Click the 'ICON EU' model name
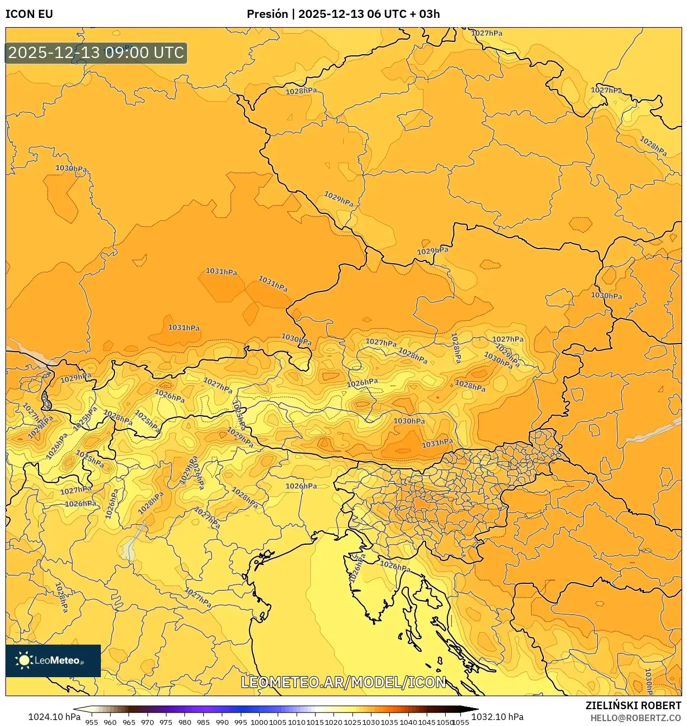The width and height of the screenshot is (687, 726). pyautogui.click(x=29, y=14)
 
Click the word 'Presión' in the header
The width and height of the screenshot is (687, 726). pyautogui.click(x=267, y=14)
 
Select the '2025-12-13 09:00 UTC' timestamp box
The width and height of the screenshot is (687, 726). pyautogui.click(x=96, y=53)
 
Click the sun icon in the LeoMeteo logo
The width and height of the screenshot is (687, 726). pyautogui.click(x=24, y=660)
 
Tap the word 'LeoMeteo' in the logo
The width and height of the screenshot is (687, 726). pyautogui.click(x=57, y=660)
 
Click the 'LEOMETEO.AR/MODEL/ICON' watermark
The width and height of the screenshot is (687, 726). pyautogui.click(x=343, y=682)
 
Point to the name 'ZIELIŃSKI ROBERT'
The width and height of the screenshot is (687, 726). pyautogui.click(x=633, y=705)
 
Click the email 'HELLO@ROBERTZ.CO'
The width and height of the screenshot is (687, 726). pyautogui.click(x=635, y=717)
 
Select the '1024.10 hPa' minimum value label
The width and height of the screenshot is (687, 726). pyautogui.click(x=54, y=717)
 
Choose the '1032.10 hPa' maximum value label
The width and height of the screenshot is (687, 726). pyautogui.click(x=497, y=717)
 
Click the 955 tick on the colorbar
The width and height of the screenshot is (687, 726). pyautogui.click(x=92, y=722)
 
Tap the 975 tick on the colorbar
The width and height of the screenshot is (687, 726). pyautogui.click(x=166, y=722)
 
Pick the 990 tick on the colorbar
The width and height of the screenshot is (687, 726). pyautogui.click(x=222, y=722)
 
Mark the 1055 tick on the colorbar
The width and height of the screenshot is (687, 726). pyautogui.click(x=460, y=722)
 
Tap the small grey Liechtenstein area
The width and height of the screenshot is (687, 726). pyautogui.click(x=47, y=404)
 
